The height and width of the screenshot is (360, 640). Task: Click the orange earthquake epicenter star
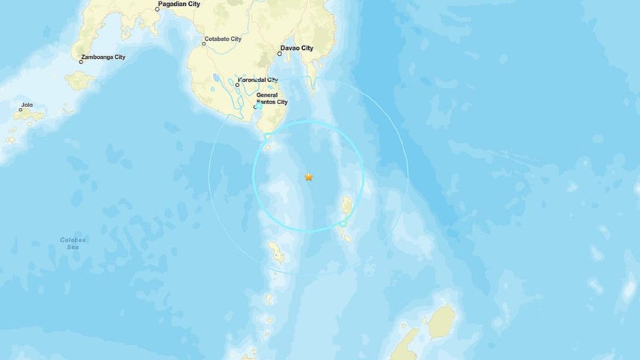(308, 177)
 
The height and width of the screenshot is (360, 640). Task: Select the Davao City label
(298, 48)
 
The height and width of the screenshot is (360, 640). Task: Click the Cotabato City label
(225, 38)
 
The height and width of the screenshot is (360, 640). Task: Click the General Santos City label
(272, 99)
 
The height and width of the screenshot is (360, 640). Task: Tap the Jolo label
(27, 105)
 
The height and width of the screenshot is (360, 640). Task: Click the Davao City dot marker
(279, 53)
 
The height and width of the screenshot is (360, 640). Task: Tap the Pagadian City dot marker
(158, 10)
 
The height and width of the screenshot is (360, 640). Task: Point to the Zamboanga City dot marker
(81, 60)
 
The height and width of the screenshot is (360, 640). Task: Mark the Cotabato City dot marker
(204, 43)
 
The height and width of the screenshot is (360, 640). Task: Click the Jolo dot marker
(21, 109)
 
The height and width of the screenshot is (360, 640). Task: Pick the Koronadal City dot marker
(237, 84)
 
